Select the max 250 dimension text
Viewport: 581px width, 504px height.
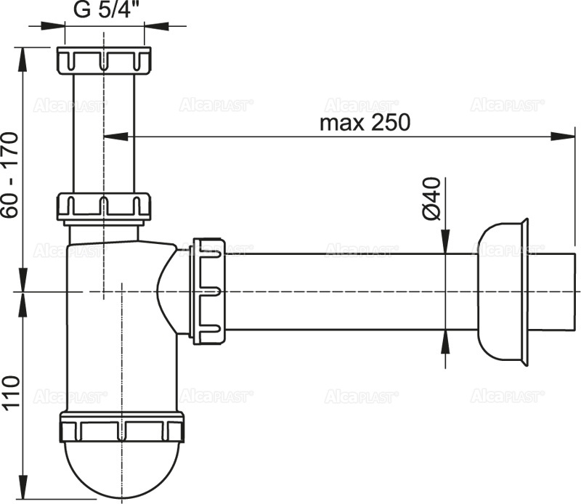(x=365, y=122)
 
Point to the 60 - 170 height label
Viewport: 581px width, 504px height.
(x=10, y=174)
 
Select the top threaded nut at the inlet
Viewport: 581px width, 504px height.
(x=104, y=59)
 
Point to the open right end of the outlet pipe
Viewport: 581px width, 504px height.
(x=574, y=290)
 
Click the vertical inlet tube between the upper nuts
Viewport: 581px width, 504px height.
(x=104, y=131)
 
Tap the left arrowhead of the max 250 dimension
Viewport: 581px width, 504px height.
(x=116, y=135)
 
